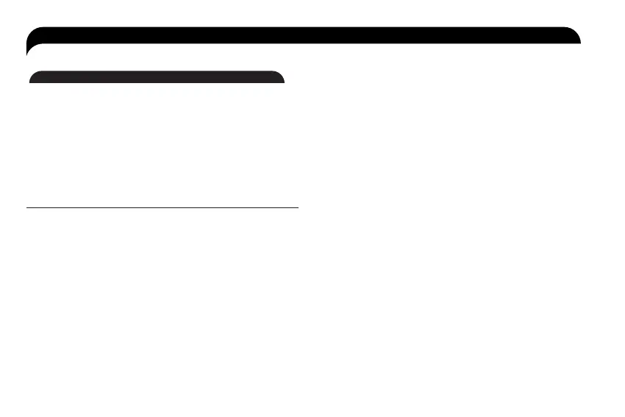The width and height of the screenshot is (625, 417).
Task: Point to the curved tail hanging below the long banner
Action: pos(29,50)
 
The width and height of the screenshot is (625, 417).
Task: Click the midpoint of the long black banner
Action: pos(303,35)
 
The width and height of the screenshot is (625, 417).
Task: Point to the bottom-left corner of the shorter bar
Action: pos(29,83)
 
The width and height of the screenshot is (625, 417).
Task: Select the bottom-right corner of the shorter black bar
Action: pos(284,83)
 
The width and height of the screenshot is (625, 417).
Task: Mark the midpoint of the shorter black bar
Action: pos(157,77)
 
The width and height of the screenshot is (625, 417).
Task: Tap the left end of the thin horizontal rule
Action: pos(27,208)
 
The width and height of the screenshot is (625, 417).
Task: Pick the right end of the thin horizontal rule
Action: pos(298,208)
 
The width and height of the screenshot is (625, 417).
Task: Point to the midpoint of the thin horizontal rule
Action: pos(162,208)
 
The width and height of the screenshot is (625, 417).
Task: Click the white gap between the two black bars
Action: pos(157,57)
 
